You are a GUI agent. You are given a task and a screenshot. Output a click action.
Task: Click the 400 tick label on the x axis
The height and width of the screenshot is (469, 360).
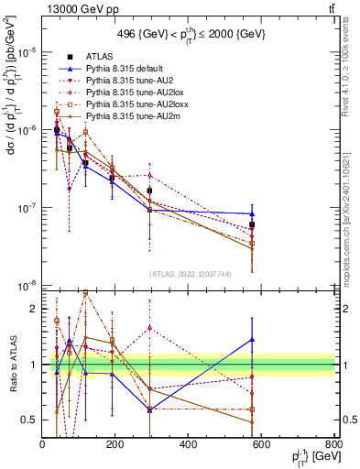(x=188, y=444)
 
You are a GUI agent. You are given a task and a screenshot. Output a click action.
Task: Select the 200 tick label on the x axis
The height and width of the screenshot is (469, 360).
(x=115, y=444)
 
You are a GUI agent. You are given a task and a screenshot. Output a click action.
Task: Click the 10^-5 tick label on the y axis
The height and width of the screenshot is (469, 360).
(x=27, y=52)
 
